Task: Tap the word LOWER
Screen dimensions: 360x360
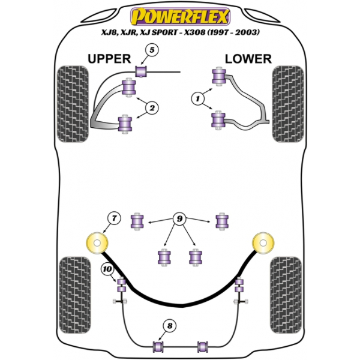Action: click(x=248, y=59)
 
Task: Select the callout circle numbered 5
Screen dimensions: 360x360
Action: click(x=153, y=52)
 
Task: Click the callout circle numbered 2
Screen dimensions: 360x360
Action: click(x=152, y=108)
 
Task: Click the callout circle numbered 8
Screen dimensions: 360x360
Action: click(x=170, y=326)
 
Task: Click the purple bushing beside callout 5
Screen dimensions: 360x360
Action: click(x=142, y=72)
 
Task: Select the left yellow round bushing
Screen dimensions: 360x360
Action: click(x=97, y=244)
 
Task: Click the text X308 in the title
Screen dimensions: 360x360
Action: click(x=191, y=32)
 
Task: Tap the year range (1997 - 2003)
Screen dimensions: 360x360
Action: click(x=234, y=32)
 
